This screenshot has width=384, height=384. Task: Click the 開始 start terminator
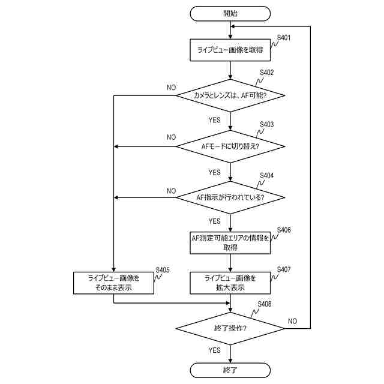tap(230, 13)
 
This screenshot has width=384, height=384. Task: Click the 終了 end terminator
tap(230, 370)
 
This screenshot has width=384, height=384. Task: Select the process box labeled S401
tap(230, 50)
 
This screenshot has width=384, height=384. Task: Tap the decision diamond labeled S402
tap(230, 95)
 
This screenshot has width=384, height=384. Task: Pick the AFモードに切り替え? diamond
tap(230, 146)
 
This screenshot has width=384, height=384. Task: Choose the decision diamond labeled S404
tap(230, 197)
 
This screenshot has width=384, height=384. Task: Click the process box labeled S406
tap(230, 242)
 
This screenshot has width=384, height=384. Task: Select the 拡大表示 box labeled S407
tap(230, 283)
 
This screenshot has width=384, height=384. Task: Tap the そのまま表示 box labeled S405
tap(113, 283)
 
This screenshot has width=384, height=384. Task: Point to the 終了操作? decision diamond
tap(230, 328)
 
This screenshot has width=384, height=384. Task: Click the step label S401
tap(284, 38)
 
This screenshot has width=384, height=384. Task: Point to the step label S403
tap(266, 124)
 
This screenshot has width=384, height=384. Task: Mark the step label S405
tap(163, 270)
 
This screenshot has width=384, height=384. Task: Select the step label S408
tap(265, 304)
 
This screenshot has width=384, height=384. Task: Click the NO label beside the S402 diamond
tap(171, 88)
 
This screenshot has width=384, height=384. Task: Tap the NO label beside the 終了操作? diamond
tap(292, 321)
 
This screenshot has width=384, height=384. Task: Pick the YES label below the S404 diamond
tap(215, 221)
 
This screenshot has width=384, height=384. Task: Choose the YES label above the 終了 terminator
tap(215, 350)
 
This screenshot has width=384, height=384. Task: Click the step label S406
tap(284, 230)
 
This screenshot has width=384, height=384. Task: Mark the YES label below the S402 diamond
tap(215, 120)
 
